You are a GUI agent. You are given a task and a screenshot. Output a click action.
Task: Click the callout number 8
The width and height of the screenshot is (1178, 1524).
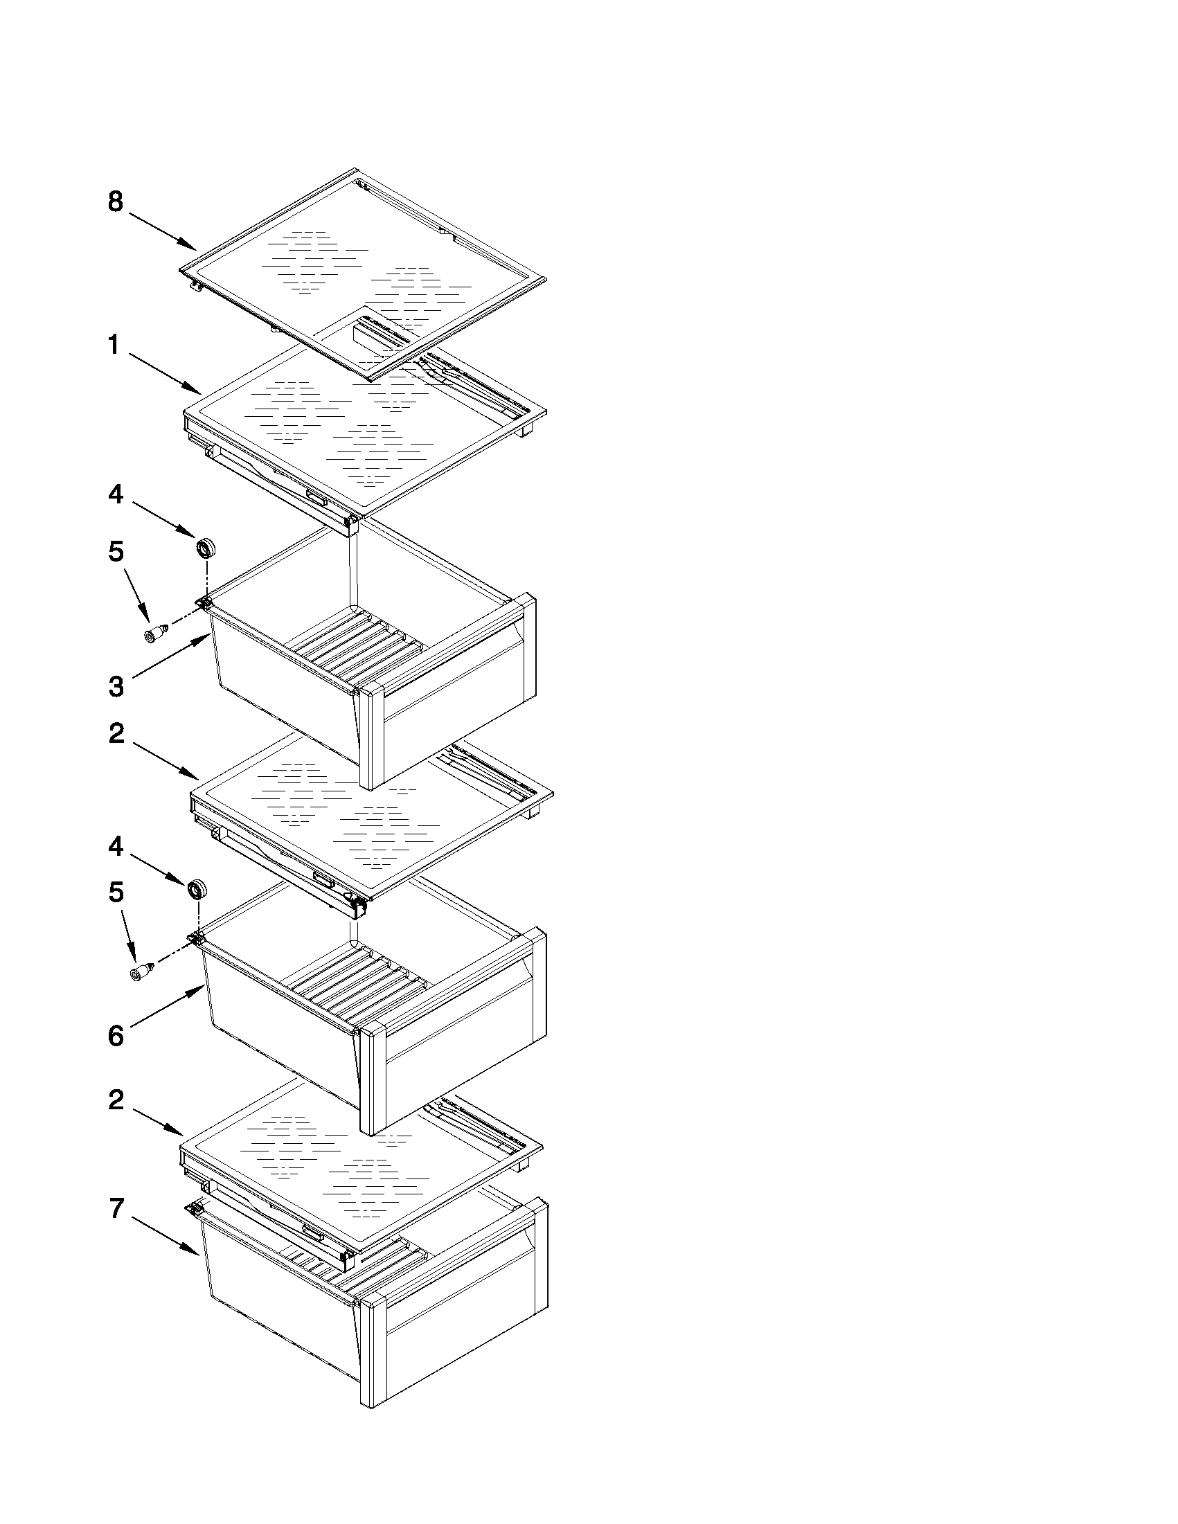[x=116, y=201]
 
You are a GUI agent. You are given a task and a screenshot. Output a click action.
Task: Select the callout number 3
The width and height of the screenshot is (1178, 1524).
[x=116, y=687]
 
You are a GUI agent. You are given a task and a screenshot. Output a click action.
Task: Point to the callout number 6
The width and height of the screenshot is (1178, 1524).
[x=116, y=1036]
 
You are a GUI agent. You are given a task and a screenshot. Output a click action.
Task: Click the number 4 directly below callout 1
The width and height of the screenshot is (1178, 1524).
[x=116, y=495]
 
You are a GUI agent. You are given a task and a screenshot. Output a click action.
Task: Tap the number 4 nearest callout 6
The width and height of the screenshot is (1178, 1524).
[x=116, y=846]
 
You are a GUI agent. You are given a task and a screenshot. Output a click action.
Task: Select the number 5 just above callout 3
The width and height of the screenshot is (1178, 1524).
[x=116, y=551]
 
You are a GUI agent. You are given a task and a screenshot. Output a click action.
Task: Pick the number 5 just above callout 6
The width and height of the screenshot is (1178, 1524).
[x=116, y=892]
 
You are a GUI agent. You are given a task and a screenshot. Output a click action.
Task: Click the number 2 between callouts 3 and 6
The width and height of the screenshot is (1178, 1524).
[x=116, y=733]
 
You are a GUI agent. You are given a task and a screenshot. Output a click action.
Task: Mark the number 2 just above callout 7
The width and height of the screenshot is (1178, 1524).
[x=116, y=1100]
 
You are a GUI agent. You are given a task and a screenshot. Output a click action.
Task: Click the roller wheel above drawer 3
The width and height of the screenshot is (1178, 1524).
[x=205, y=548]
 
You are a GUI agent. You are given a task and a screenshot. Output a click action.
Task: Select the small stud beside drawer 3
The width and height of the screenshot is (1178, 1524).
[x=154, y=634]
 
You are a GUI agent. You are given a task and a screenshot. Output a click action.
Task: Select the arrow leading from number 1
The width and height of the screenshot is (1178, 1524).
[x=165, y=373]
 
